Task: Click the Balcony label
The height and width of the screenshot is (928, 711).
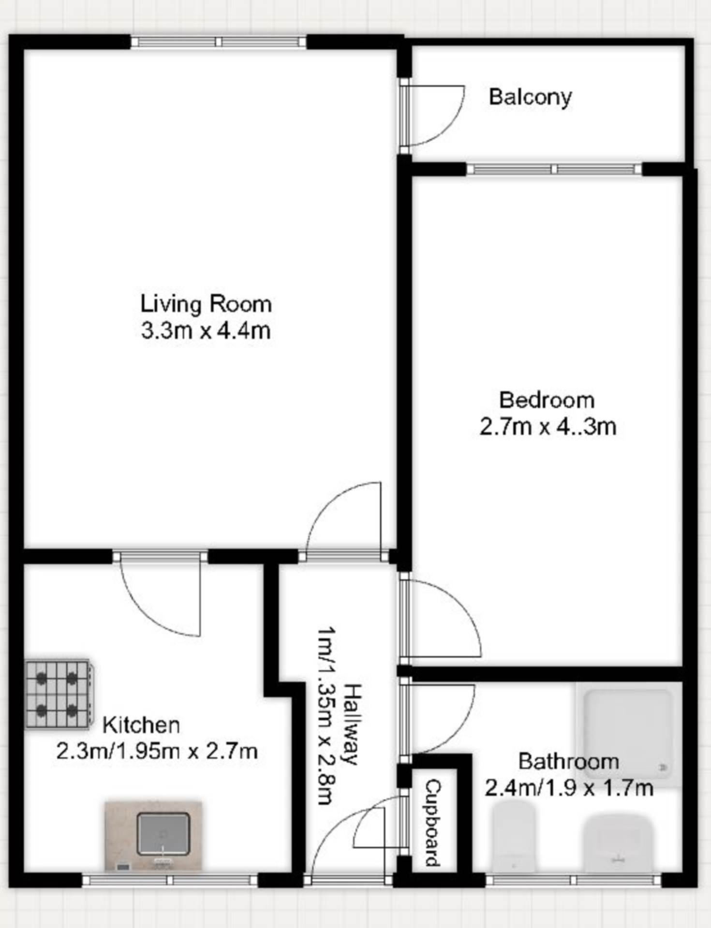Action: point(530,97)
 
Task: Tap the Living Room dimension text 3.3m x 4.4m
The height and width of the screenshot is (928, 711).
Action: point(206,331)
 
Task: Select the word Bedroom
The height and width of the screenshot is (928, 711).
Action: point(547,400)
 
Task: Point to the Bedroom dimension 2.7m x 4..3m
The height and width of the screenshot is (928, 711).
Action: point(548,427)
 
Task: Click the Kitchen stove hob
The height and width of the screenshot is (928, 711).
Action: point(59,694)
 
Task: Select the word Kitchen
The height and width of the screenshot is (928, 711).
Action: point(141,725)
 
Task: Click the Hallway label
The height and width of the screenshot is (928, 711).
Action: point(354,724)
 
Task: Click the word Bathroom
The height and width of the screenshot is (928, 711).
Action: point(569,762)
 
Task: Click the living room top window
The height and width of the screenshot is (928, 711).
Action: point(219,42)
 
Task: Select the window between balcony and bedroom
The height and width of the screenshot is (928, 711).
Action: point(554,169)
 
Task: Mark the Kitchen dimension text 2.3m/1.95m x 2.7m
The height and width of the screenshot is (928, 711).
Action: point(157,752)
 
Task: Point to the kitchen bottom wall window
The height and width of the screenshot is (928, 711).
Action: point(170,880)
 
